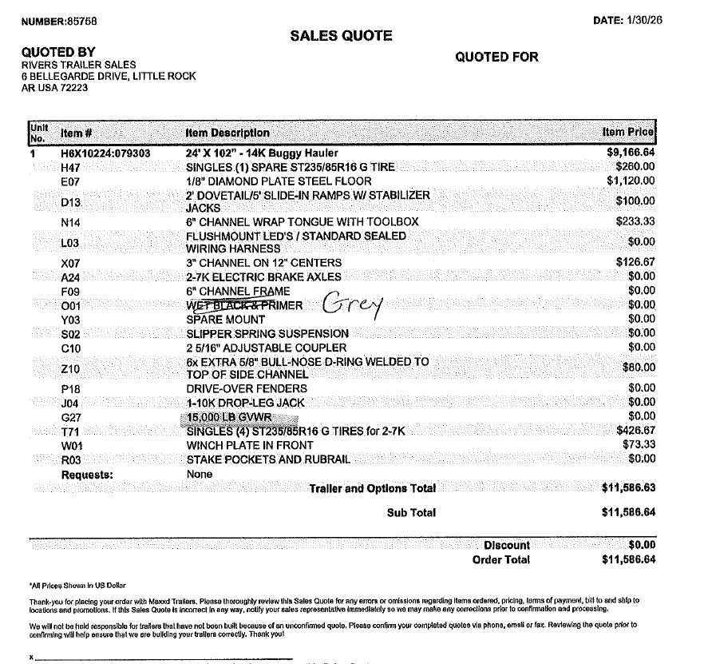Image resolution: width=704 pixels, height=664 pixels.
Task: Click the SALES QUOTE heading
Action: pyautogui.click(x=341, y=36)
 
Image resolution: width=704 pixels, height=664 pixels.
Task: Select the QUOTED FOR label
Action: pyautogui.click(x=496, y=57)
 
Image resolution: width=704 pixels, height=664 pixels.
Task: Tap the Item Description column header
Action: pyautogui.click(x=227, y=133)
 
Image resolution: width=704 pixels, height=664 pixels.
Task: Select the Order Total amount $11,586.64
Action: pyautogui.click(x=628, y=559)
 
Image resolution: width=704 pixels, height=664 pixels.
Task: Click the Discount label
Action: pyautogui.click(x=506, y=545)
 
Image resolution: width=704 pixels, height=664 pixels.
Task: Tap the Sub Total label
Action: pyautogui.click(x=411, y=513)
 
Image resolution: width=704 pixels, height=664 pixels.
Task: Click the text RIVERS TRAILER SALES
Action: pyautogui.click(x=78, y=65)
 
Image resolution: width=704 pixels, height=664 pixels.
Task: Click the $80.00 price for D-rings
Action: pyautogui.click(x=639, y=368)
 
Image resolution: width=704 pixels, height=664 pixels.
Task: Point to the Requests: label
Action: pyautogui.click(x=87, y=475)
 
